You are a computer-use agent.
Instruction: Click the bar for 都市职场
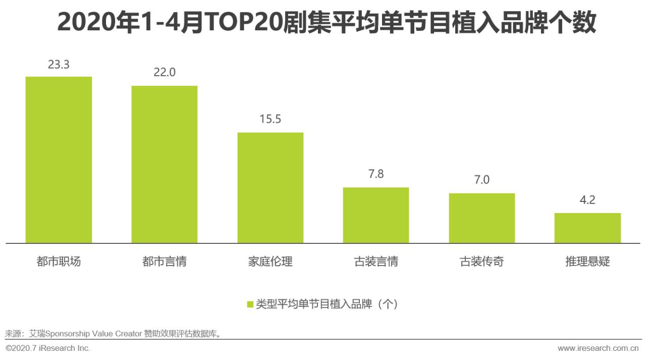59,160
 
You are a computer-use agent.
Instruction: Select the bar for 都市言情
165,165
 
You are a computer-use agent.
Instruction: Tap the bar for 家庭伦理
271,188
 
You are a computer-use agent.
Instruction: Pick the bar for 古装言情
376,216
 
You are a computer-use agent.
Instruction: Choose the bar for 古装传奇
482,218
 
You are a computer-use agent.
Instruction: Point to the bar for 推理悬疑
587,228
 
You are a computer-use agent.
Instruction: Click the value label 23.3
59,65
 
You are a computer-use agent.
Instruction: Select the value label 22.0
165,73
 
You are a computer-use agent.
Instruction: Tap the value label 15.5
271,120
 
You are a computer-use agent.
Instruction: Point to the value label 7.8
376,175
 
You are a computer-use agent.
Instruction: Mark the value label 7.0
482,180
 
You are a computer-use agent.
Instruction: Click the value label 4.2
587,200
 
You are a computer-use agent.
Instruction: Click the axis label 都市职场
59,262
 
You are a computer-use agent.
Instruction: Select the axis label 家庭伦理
271,262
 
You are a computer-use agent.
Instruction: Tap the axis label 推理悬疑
587,262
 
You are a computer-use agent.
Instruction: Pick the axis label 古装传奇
482,262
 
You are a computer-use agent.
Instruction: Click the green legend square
250,304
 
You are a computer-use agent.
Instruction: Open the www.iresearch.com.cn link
599,348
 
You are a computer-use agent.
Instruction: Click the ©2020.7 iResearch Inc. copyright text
48,348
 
